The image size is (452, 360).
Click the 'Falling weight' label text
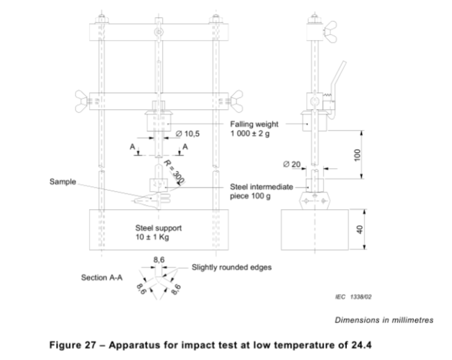click(x=254, y=124)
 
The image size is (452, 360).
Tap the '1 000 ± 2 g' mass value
click(x=250, y=133)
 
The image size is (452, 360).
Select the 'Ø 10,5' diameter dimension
click(x=188, y=133)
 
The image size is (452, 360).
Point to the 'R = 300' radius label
click(x=174, y=172)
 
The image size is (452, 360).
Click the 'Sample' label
click(x=63, y=181)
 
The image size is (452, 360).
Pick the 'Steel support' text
click(x=159, y=228)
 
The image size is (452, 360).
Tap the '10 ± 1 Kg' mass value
click(x=152, y=237)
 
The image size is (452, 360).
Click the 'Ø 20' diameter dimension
click(x=292, y=165)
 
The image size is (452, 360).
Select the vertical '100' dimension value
click(x=357, y=155)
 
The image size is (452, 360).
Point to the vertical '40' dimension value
click(x=360, y=229)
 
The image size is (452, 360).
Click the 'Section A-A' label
click(x=102, y=277)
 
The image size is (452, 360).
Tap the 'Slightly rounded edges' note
click(x=232, y=268)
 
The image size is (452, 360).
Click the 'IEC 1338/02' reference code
click(x=353, y=297)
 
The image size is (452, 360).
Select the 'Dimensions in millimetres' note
click(x=384, y=320)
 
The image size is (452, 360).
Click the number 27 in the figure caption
click(x=90, y=345)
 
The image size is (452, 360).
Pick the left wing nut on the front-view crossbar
click(x=81, y=101)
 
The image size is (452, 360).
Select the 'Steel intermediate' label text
click(x=261, y=187)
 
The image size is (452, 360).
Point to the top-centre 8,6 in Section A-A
click(x=159, y=260)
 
